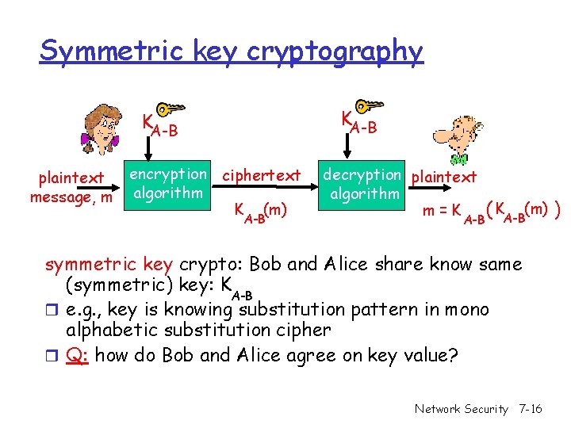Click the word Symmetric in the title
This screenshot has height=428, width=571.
coord(91,51)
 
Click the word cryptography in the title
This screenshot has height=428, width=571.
coord(335,51)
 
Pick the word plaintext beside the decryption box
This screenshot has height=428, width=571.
coord(445,176)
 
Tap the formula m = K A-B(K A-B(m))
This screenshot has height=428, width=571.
coord(492,212)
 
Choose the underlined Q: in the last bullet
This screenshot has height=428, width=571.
coord(77,354)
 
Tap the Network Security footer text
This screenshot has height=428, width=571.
coord(461,409)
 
